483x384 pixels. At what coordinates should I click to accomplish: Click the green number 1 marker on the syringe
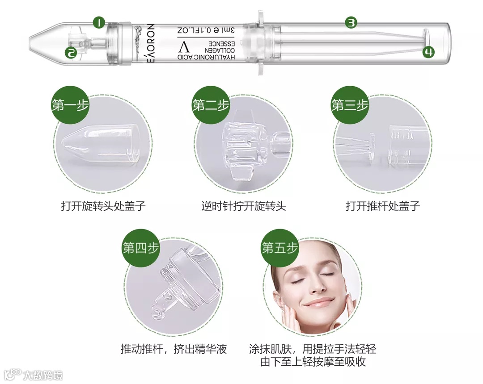[99, 22]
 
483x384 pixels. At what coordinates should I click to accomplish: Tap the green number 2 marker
[71, 53]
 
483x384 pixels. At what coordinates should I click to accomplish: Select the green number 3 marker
[351, 22]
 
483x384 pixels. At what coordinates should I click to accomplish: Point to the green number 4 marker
[428, 52]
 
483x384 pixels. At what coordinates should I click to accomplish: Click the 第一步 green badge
[70, 105]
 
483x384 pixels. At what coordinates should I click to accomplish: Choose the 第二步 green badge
[211, 105]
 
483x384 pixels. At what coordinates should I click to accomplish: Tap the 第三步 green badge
[350, 105]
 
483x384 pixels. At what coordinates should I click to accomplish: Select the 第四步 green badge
[140, 248]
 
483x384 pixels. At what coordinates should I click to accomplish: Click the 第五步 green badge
[280, 248]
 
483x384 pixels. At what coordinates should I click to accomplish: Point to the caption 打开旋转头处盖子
[103, 206]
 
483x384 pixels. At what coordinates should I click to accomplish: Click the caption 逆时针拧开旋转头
[244, 206]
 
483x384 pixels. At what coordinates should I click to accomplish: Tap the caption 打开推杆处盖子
[383, 206]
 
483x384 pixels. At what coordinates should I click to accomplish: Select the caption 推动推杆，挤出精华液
[174, 349]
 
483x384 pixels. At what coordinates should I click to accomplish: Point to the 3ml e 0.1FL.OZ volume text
[206, 30]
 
